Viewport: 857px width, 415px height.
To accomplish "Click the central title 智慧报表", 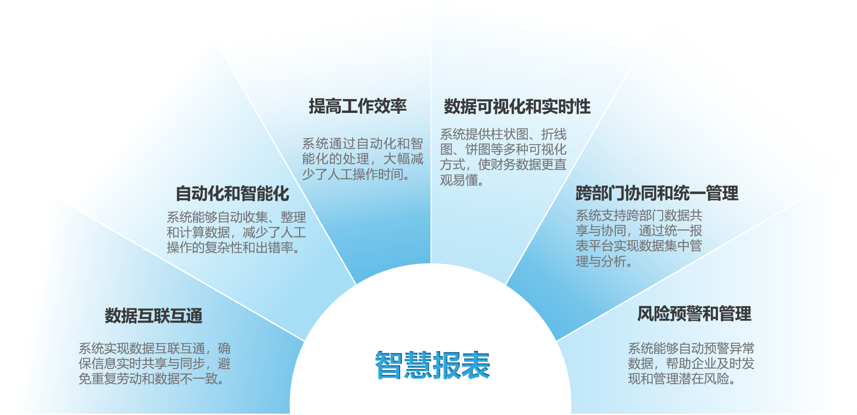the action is tap(432, 365).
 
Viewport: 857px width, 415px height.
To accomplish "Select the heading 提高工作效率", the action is tap(358, 106).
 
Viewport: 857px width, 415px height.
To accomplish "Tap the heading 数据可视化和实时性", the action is tap(517, 107).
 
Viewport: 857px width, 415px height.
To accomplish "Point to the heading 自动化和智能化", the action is tap(233, 194).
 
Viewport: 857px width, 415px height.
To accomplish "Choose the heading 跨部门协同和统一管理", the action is tap(657, 193).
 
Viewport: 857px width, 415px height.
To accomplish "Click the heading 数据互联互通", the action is tap(154, 316).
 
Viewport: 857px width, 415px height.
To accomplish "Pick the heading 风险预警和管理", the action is tap(694, 314).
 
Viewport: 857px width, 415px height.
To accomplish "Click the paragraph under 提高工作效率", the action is tap(363, 159).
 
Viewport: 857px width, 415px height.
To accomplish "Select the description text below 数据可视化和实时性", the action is tap(503, 157).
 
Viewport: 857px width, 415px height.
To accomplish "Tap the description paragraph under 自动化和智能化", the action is tap(236, 232).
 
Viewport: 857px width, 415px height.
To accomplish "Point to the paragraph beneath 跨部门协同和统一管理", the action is tap(639, 238).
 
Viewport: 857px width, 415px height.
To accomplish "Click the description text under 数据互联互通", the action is tap(155, 364).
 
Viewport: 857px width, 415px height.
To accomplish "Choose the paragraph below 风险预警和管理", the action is tap(691, 364).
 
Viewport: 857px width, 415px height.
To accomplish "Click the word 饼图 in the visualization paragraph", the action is tap(478, 149).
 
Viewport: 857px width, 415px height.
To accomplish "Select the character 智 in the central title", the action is tap(389, 365).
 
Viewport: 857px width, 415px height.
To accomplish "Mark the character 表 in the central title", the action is tap(476, 365).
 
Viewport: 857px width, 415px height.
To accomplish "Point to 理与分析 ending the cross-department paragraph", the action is tap(601, 261).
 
